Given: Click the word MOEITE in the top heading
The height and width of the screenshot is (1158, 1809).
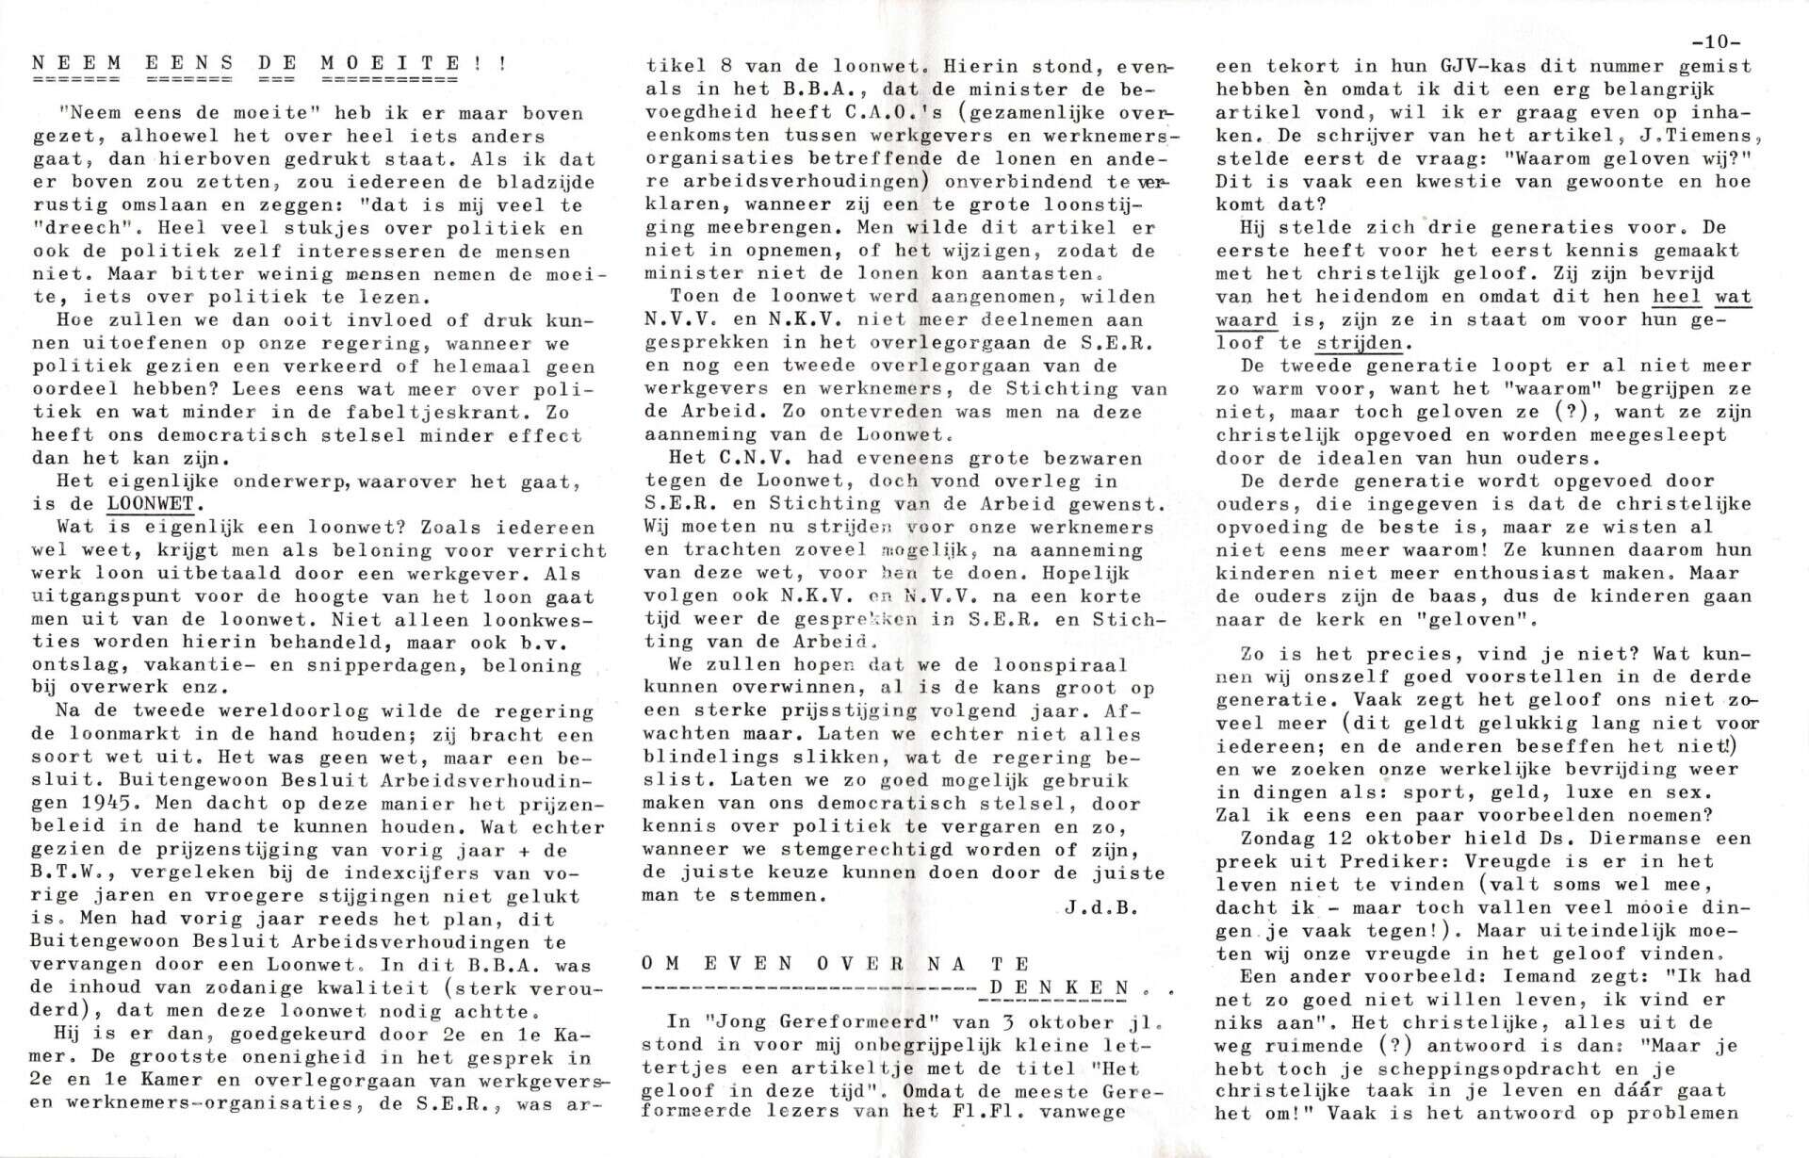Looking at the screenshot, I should click(390, 64).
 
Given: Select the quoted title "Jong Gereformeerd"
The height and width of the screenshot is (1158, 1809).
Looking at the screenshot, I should click(786, 1022).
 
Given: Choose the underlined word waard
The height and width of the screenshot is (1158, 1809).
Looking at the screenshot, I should click(1247, 319).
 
